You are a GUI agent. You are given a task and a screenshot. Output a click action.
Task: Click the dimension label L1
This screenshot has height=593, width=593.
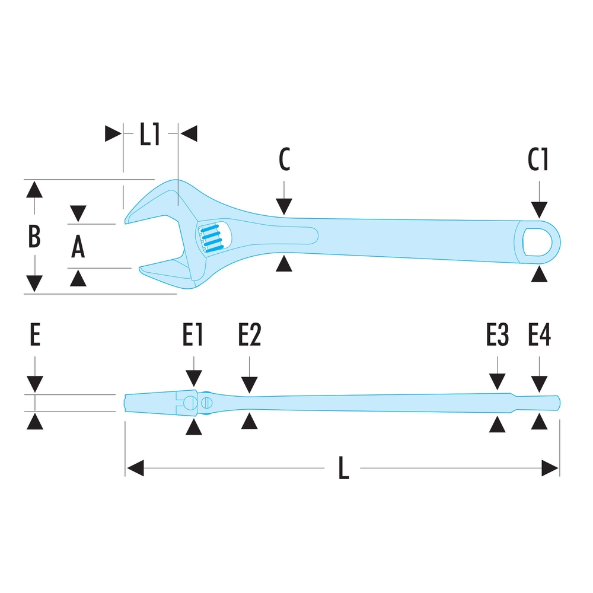tap(150, 135)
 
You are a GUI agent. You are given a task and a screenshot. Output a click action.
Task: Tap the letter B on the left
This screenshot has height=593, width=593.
tap(34, 236)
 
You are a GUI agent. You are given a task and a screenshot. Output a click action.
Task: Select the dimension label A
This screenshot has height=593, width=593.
tap(78, 247)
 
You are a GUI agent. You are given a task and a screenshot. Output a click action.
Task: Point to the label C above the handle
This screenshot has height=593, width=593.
tap(285, 160)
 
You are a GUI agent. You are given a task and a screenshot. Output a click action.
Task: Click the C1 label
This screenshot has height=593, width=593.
tap(539, 160)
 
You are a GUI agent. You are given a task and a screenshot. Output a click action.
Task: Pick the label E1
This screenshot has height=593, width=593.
tap(193, 336)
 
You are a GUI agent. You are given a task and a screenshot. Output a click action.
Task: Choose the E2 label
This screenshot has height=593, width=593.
tap(250, 336)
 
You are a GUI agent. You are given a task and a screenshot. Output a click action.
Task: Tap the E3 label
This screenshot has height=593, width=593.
tap(497, 336)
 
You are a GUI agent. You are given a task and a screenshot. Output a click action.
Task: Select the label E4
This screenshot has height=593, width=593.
tap(540, 336)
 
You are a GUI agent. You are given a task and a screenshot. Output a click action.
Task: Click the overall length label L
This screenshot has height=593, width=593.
tap(343, 470)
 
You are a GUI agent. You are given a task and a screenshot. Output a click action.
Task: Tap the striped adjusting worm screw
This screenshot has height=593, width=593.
tap(213, 239)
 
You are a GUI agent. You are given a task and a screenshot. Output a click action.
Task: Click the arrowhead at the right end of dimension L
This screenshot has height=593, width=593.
tap(551, 468)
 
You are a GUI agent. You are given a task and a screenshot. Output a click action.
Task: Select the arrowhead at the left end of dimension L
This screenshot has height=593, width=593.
tap(135, 468)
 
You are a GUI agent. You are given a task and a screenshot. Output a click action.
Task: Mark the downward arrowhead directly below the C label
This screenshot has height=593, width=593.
tap(285, 206)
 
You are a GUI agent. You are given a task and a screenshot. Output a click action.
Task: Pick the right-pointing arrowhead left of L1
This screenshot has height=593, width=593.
tap(113, 133)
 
